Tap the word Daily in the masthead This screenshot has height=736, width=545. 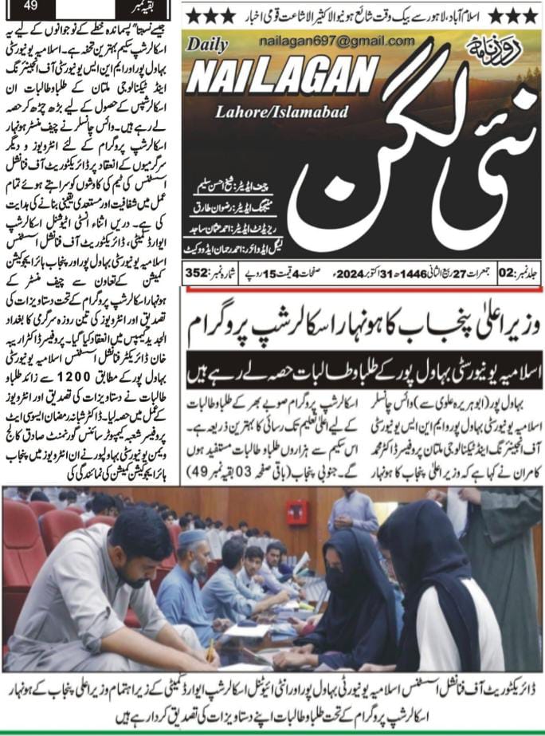209,46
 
